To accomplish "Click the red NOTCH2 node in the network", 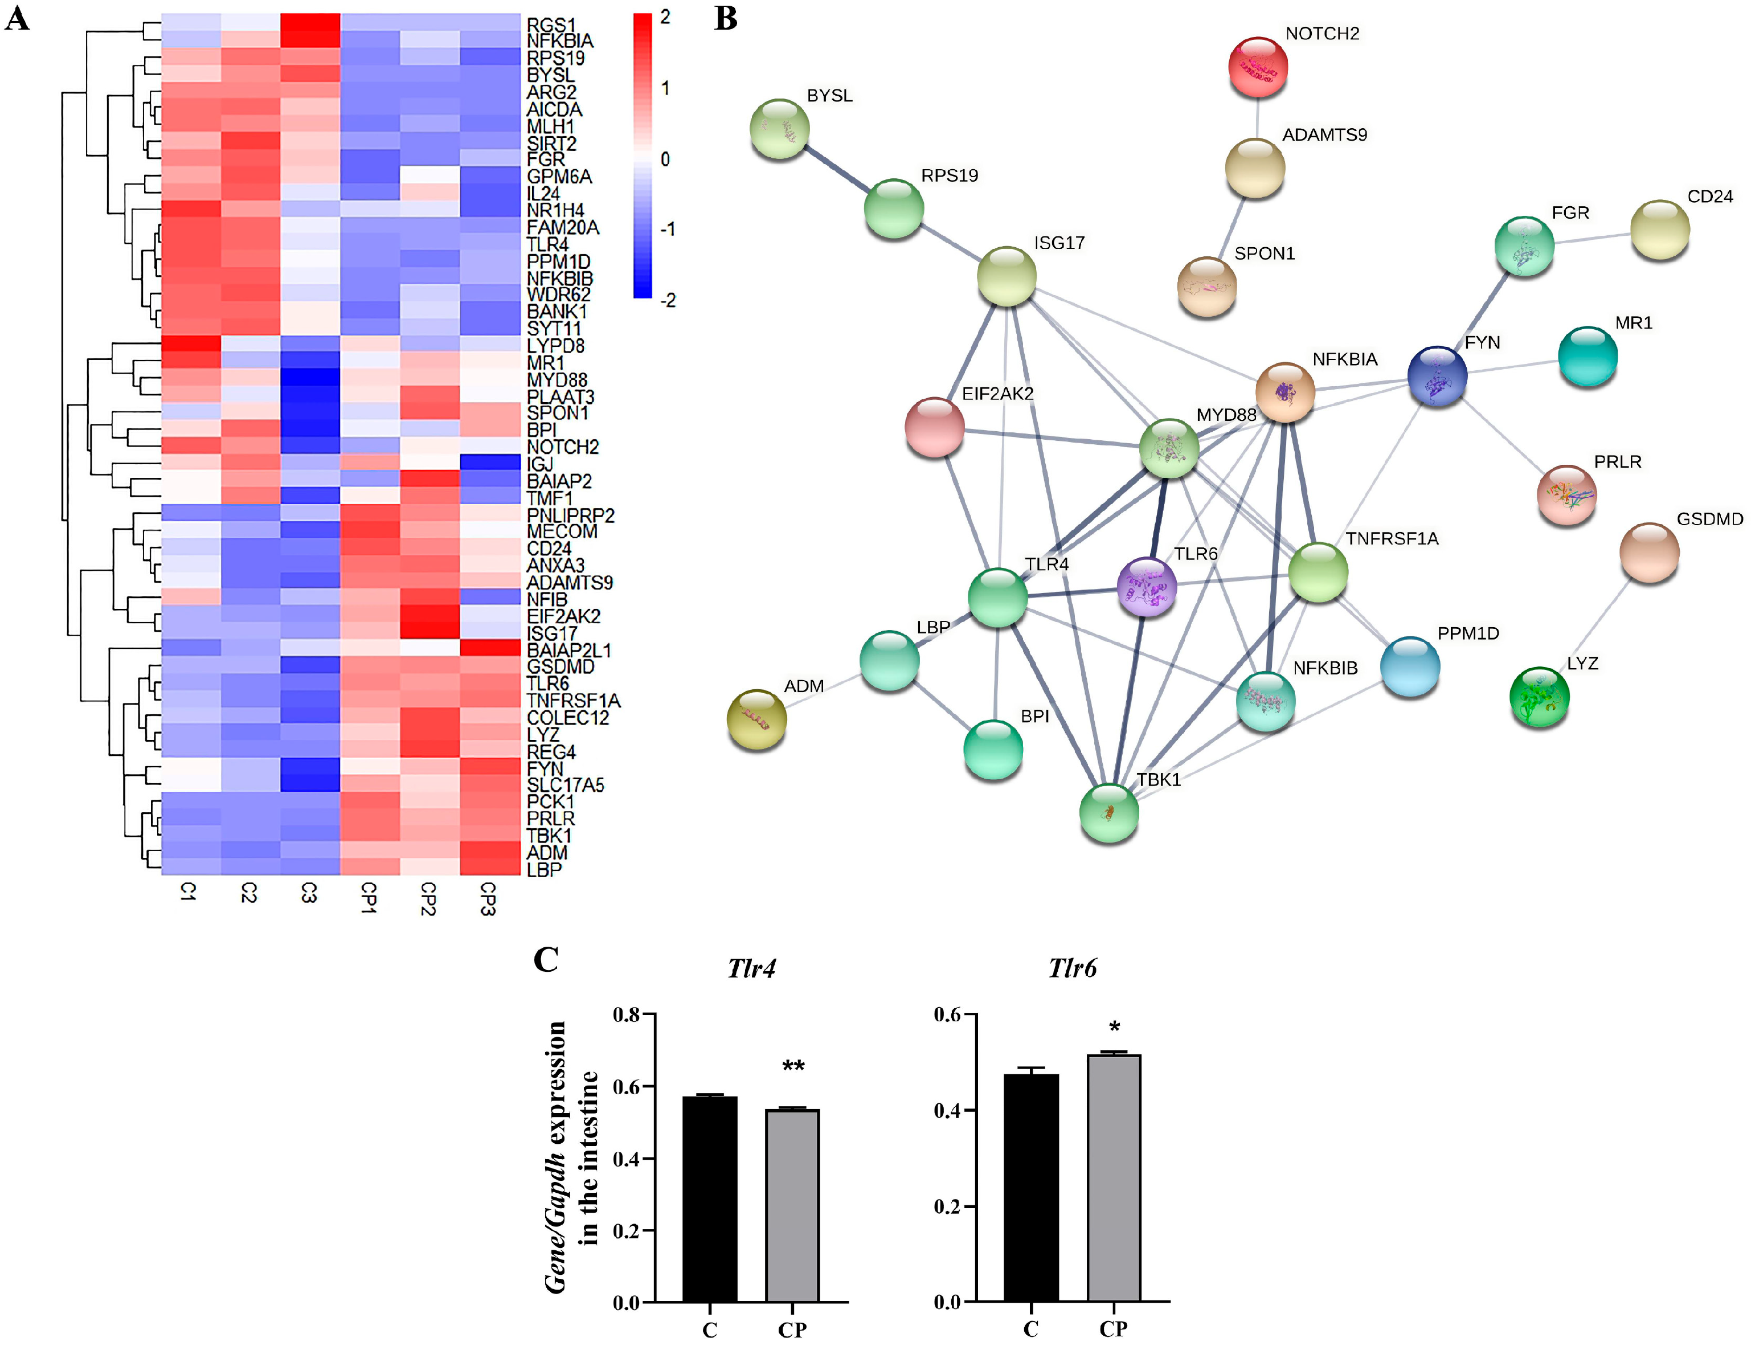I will click(1258, 67).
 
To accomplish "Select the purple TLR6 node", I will click(1147, 587).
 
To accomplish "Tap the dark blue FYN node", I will click(1437, 377).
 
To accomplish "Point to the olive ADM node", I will click(756, 719).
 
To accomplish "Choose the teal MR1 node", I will click(1587, 357).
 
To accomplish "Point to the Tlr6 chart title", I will click(1073, 969).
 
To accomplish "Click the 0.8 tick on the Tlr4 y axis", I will click(627, 1015).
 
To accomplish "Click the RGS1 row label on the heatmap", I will click(551, 26).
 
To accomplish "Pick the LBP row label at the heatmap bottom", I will click(544, 869).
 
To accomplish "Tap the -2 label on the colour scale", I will click(667, 300).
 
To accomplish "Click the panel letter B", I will click(726, 18).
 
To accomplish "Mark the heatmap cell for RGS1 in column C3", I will click(310, 22).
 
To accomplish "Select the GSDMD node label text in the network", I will click(1709, 519).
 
